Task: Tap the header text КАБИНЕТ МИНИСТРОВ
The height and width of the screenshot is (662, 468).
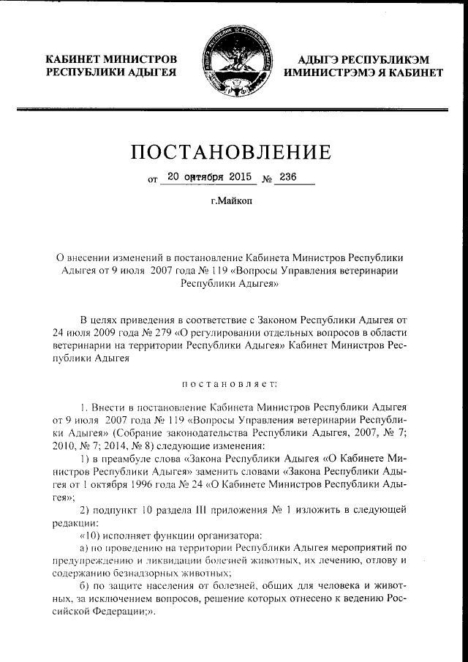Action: coord(111,59)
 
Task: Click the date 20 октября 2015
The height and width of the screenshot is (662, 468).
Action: coord(209,176)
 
